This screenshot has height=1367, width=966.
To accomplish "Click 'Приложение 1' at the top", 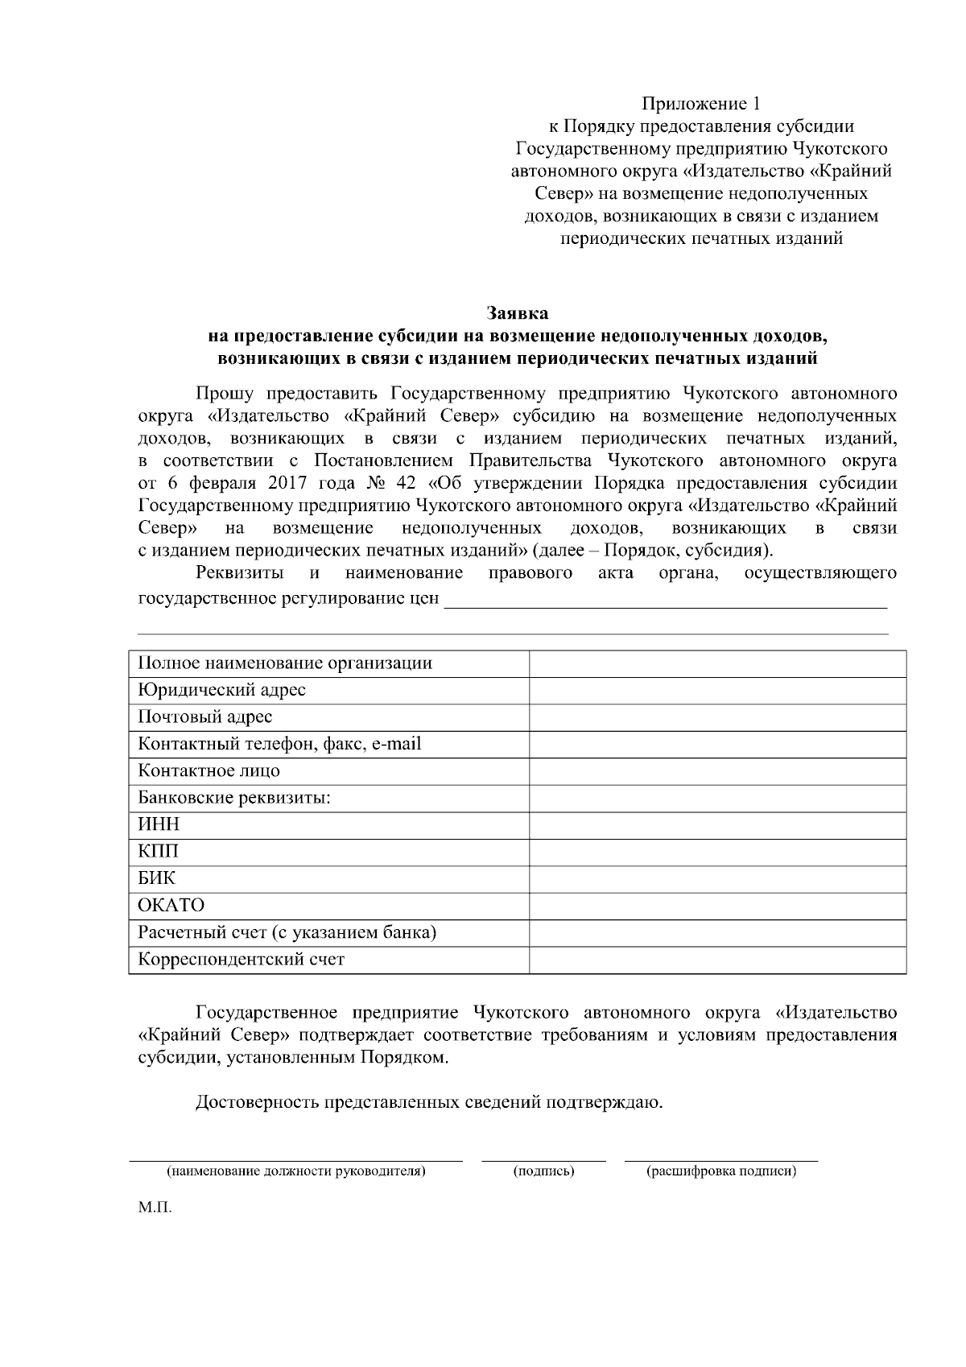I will [700, 104].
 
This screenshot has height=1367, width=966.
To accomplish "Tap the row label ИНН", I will [159, 824].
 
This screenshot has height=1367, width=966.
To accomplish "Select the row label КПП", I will [159, 851].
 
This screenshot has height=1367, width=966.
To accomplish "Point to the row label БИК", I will [156, 878].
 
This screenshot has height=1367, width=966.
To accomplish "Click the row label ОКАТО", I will [171, 905].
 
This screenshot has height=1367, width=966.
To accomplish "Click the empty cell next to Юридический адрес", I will [717, 690].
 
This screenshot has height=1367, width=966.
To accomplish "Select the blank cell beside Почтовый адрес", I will [717, 717].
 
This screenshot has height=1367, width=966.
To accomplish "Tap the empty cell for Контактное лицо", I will [717, 770].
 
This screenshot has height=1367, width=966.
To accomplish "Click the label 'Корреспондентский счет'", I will [241, 959].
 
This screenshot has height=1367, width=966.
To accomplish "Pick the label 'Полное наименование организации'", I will [285, 663].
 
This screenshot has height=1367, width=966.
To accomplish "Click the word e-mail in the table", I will [395, 744].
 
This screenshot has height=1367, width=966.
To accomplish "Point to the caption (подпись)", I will [543, 1171].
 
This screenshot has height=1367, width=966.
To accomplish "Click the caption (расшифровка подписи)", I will [721, 1171].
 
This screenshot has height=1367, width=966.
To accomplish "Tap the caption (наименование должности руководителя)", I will [295, 1171].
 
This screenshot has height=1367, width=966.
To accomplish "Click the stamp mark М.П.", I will [155, 1208].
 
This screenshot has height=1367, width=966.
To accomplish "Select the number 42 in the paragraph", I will [406, 484].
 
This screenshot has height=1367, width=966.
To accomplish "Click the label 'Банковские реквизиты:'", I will [234, 798].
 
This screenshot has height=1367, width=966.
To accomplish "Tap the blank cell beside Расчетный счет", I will [717, 932].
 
